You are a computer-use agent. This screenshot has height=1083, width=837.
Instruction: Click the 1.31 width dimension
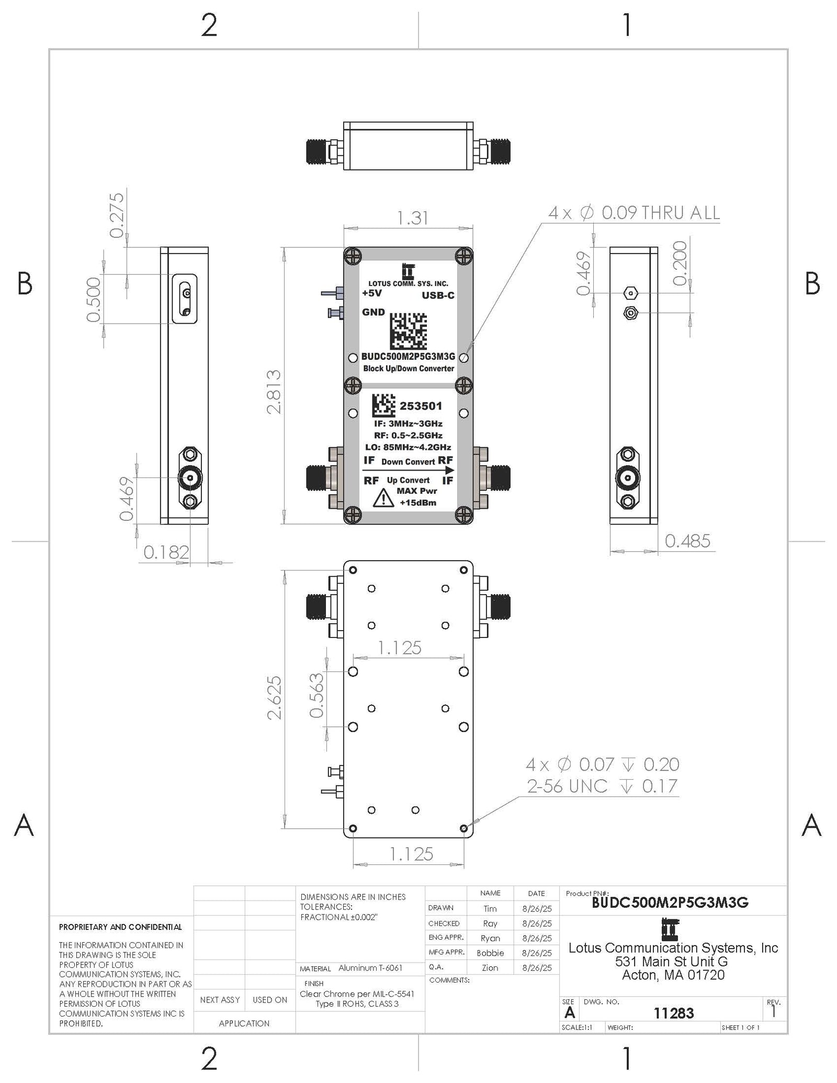coord(413,218)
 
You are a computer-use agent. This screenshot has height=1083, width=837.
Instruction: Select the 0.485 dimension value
coord(687,541)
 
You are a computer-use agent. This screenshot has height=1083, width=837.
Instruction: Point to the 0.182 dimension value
coord(166,552)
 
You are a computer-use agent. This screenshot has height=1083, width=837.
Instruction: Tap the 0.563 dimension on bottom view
coord(316,695)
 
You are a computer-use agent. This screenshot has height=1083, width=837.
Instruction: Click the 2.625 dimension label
coord(274,698)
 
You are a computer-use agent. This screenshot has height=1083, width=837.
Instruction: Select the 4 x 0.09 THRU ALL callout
coord(634,213)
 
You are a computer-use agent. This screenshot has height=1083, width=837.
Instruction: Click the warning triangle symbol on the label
coord(383,498)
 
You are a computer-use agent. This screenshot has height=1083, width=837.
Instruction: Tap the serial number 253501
coord(421,406)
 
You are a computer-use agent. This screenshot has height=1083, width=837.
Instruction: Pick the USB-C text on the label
coord(438,295)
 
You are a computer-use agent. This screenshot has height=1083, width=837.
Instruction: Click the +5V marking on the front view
coord(372,293)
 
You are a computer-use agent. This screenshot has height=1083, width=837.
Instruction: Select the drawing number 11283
coord(673,1013)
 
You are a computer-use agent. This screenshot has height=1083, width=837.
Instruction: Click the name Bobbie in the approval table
coord(490,953)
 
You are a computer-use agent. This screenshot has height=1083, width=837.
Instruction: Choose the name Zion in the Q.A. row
coord(490,967)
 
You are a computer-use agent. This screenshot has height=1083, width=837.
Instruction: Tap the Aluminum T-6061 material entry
coord(370,967)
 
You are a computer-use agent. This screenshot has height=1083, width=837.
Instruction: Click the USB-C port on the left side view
coord(185,299)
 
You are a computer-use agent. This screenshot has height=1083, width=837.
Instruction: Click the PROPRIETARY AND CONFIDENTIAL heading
coord(120,927)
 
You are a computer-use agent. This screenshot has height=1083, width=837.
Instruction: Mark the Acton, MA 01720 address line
coord(673,975)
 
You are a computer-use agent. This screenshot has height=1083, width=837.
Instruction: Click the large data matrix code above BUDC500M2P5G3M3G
coord(408,331)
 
